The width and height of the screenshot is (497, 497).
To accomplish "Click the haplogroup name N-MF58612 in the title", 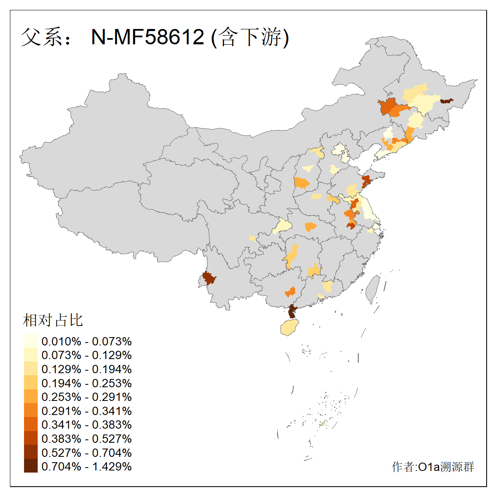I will pyautogui.click(x=147, y=37).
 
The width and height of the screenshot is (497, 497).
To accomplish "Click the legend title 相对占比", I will pyautogui.click(x=53, y=320).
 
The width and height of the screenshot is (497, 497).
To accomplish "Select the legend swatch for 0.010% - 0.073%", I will pyautogui.click(x=31, y=341).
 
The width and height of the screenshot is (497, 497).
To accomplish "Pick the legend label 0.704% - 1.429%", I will pyautogui.click(x=87, y=466).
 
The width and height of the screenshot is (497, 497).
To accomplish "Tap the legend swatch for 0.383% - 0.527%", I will pyautogui.click(x=31, y=438).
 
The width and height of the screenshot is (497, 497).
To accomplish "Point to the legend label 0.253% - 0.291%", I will pyautogui.click(x=87, y=397).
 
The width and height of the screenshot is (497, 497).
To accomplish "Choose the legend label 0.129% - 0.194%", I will pyautogui.click(x=87, y=369).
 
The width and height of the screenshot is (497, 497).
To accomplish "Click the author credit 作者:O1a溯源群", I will pyautogui.click(x=433, y=467).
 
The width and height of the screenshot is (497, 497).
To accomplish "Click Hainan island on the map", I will pyautogui.click(x=290, y=328).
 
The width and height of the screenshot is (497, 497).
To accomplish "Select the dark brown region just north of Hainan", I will pyautogui.click(x=292, y=311).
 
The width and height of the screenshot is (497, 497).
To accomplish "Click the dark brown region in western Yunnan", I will pyautogui.click(x=208, y=278).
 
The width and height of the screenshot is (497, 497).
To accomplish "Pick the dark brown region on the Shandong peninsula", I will pyautogui.click(x=367, y=181).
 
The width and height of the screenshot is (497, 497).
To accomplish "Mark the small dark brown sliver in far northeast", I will pyautogui.click(x=446, y=101).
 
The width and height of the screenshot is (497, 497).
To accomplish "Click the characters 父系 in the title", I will pyautogui.click(x=41, y=37).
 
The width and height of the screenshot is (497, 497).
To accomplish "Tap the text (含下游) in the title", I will pyautogui.click(x=250, y=37).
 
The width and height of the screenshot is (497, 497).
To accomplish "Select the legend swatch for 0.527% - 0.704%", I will pyautogui.click(x=31, y=452).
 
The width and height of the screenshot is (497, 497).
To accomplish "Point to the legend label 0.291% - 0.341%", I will pyautogui.click(x=87, y=411).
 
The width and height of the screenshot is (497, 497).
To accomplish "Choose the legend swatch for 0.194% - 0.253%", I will pyautogui.click(x=31, y=383).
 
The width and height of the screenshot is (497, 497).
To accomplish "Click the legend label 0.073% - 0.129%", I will pyautogui.click(x=87, y=355).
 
